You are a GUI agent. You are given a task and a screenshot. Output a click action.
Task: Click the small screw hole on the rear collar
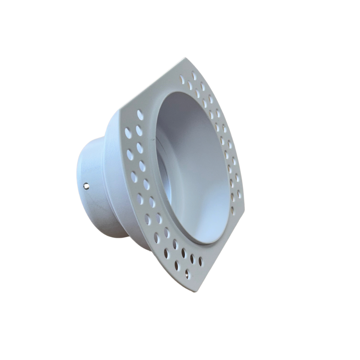click(x=86, y=186)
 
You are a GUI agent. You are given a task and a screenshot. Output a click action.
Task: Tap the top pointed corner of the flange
click(x=186, y=58)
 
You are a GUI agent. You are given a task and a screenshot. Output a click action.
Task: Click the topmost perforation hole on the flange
click(x=194, y=76)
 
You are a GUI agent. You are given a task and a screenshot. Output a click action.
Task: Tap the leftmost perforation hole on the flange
click(x=128, y=133)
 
